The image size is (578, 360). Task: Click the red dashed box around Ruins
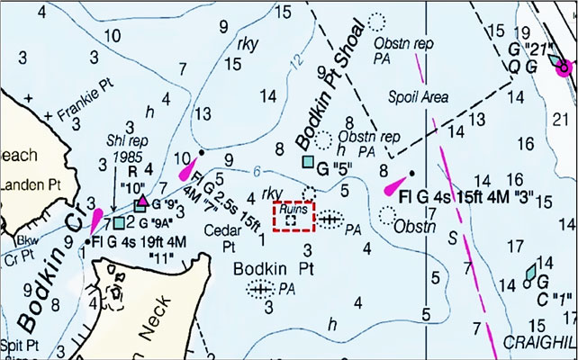294,217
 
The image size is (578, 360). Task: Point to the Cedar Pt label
219,236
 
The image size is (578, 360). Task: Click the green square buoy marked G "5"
309,162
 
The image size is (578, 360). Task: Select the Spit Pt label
19,344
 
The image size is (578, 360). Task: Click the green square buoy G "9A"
119,222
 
